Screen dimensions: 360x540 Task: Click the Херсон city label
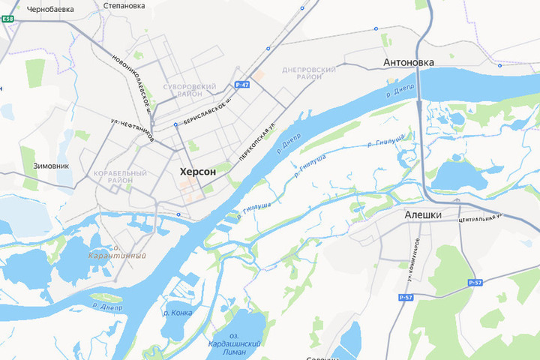(x=198, y=172)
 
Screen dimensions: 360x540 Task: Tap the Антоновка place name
(x=408, y=62)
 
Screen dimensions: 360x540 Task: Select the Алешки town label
(x=422, y=214)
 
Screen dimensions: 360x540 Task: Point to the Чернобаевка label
(x=50, y=10)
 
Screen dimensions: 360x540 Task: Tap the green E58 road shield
(x=7, y=19)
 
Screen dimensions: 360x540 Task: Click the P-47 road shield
(x=241, y=85)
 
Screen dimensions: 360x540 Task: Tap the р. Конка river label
(x=177, y=313)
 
